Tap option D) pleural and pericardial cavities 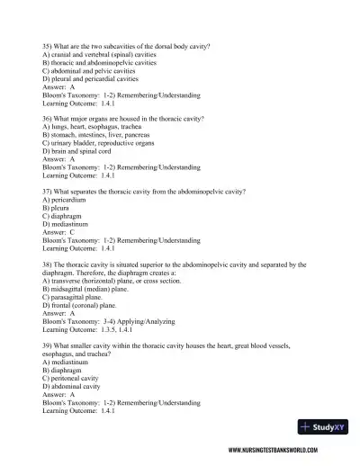(94, 80)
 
